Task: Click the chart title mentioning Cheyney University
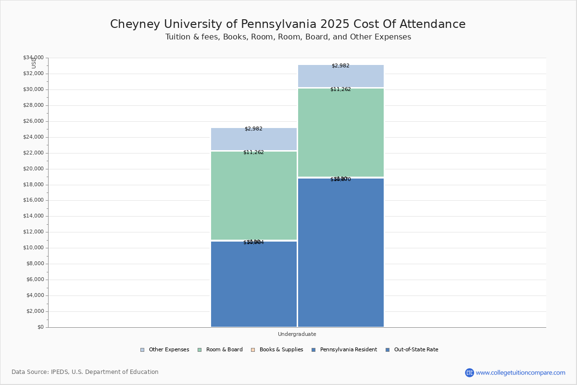pos(288,25)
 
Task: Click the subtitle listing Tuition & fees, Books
pos(288,37)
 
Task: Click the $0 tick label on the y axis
pos(40,327)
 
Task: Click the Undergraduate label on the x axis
pos(297,334)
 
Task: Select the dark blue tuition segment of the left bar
pos(254,284)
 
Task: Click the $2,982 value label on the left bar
pos(253,129)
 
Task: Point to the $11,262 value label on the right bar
pos(340,90)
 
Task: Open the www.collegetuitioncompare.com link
pos(520,372)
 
